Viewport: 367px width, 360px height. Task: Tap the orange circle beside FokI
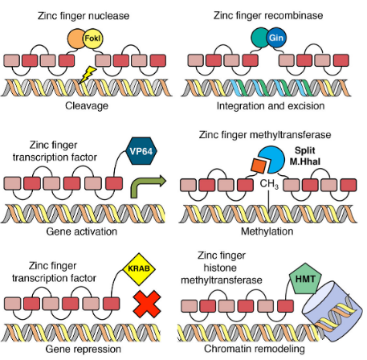(x=75, y=39)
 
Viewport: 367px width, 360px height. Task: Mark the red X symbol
(x=145, y=305)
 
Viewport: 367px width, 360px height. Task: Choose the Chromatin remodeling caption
(x=255, y=349)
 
